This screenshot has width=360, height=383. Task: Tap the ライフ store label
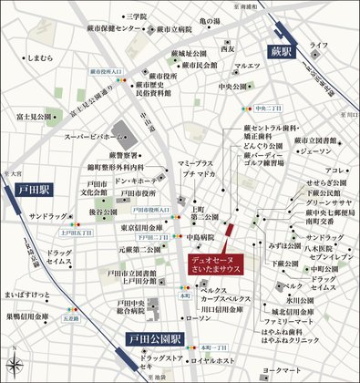[x=318, y=45]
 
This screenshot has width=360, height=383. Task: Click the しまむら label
[x=40, y=57]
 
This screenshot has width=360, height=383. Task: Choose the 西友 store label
[x=228, y=49]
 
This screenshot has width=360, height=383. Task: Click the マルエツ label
[x=247, y=66]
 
